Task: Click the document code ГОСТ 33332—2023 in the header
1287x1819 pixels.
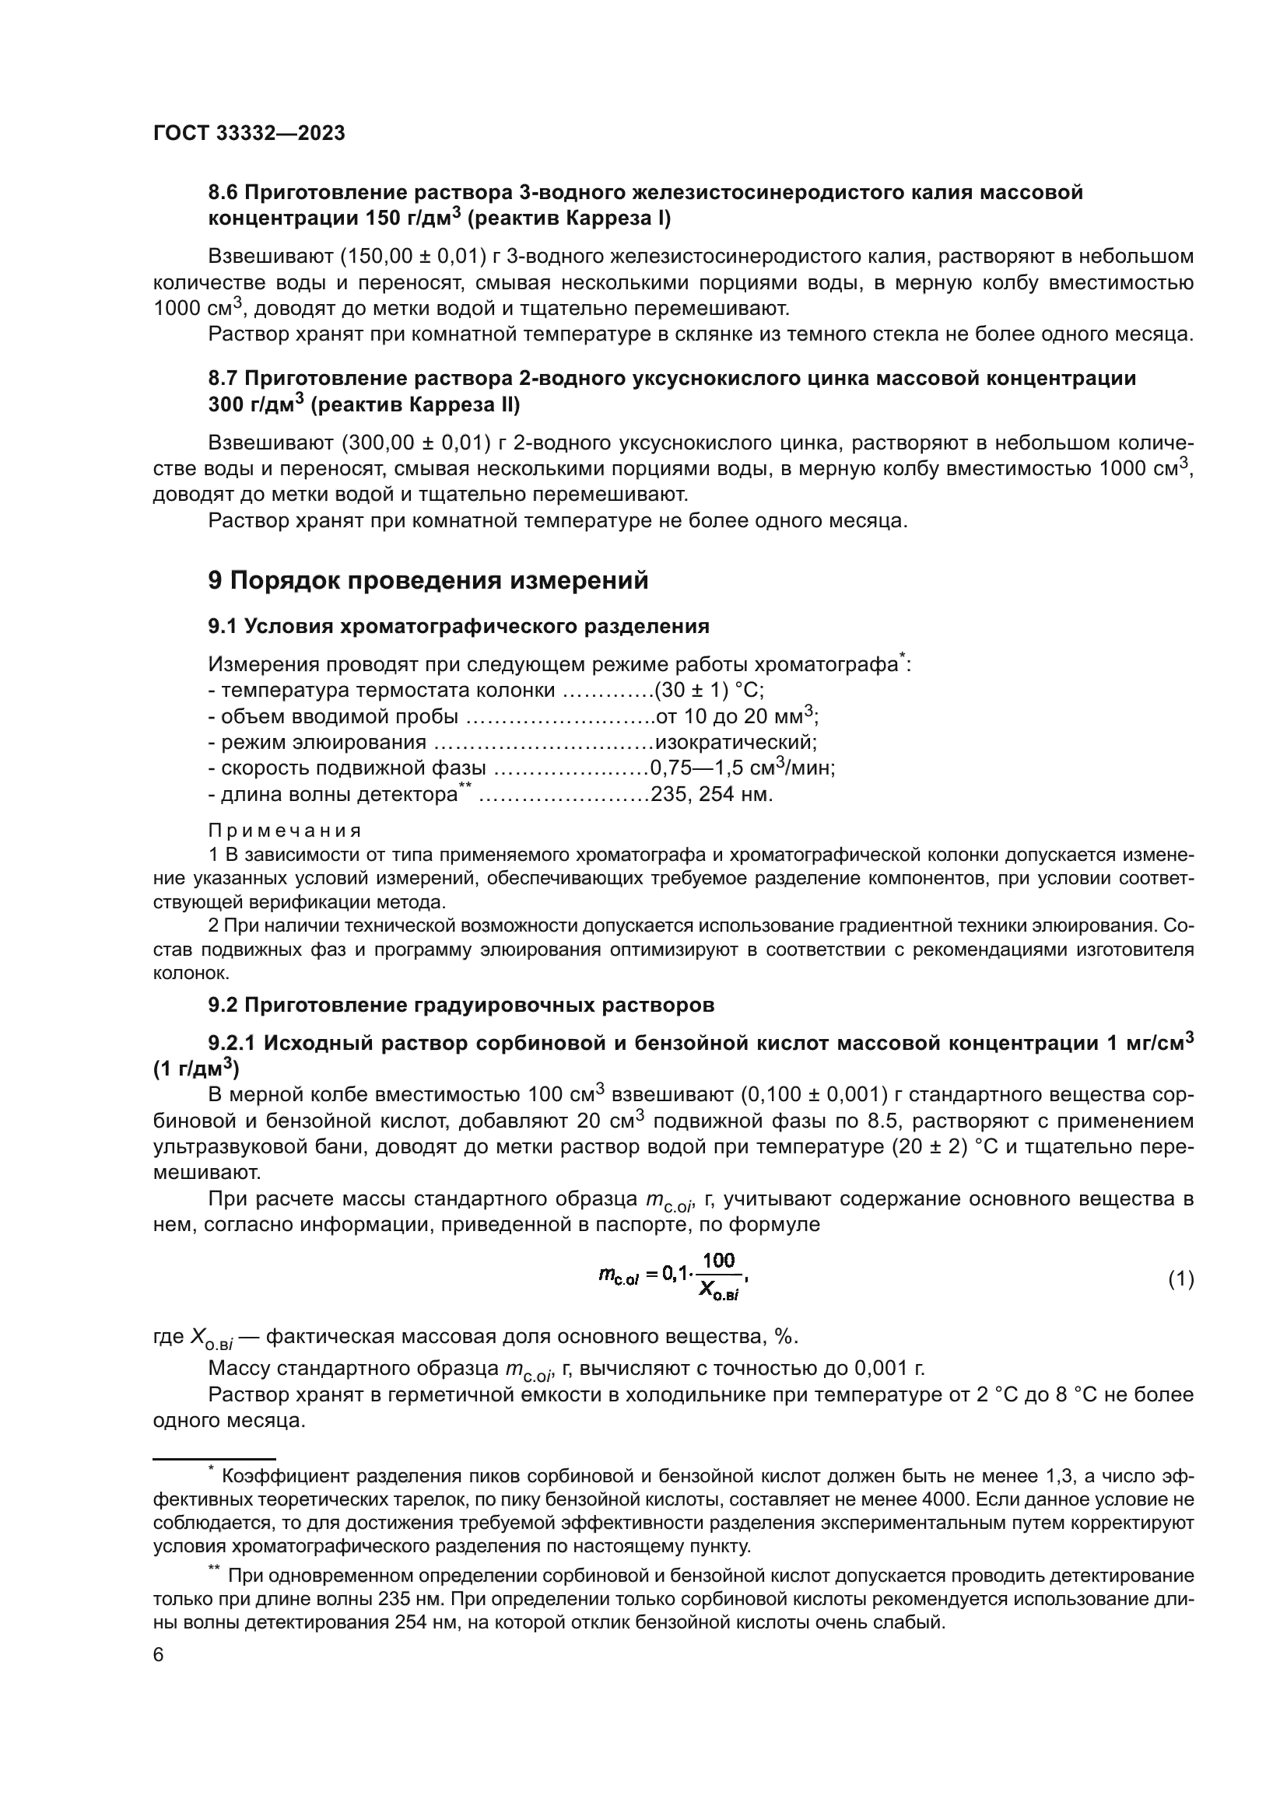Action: [x=249, y=133]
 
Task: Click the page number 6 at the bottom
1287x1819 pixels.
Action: [x=159, y=1655]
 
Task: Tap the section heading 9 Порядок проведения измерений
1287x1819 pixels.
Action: [x=428, y=581]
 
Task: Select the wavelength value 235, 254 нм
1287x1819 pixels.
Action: [x=711, y=794]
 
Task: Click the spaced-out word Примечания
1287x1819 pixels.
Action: [x=285, y=831]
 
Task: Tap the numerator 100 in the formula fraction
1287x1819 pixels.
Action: [x=718, y=1261]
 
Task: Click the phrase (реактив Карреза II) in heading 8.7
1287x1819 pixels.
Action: [x=416, y=406]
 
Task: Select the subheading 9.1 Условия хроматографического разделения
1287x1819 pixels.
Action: [x=458, y=627]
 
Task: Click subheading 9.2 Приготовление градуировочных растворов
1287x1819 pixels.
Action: [x=461, y=1006]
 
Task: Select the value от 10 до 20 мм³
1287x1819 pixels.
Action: [x=737, y=716]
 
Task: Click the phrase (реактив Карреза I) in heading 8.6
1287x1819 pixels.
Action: [x=569, y=219]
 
